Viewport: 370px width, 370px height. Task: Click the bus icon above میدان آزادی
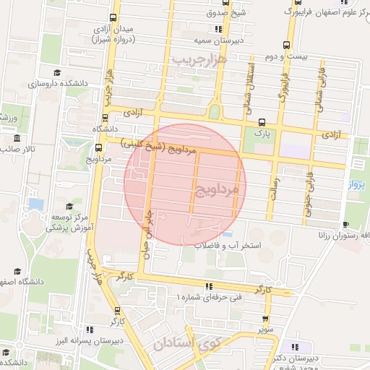click(x=113, y=17)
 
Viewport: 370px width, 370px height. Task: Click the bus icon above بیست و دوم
click(x=288, y=43)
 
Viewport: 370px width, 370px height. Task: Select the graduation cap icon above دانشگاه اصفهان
click(x=17, y=271)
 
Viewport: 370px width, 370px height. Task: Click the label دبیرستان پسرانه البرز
click(x=76, y=340)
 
